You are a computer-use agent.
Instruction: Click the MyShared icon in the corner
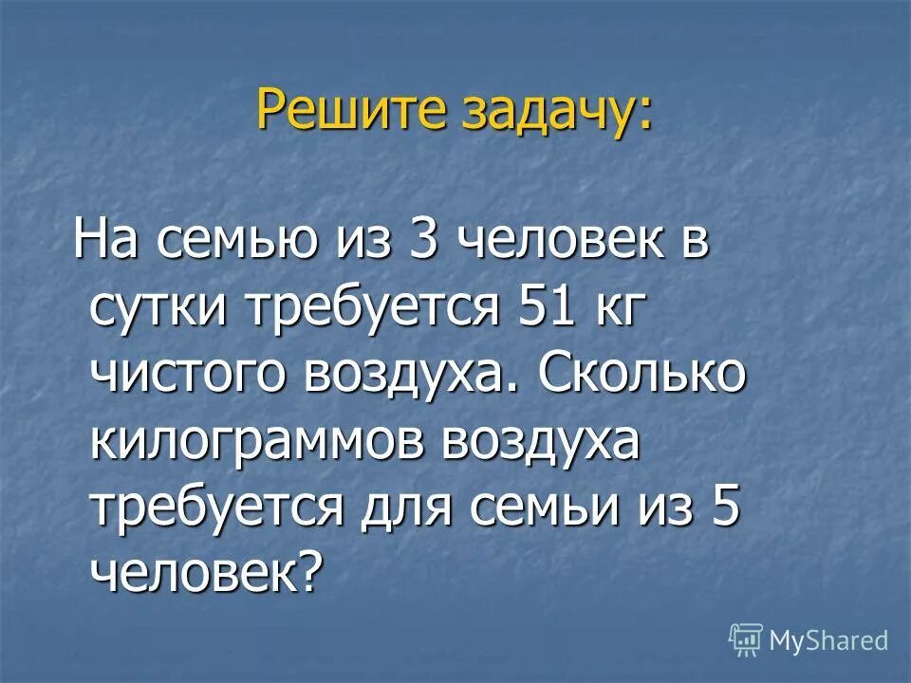(746, 639)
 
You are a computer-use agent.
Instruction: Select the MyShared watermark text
(829, 639)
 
